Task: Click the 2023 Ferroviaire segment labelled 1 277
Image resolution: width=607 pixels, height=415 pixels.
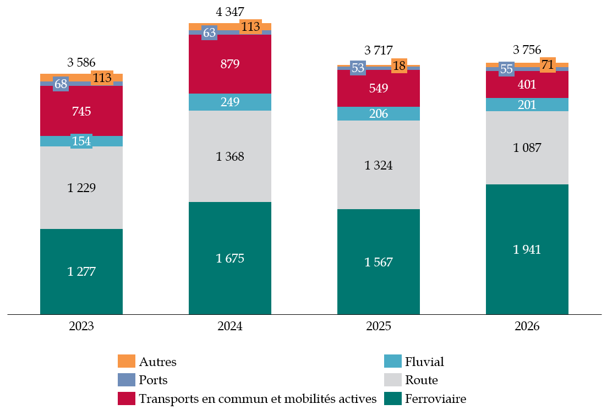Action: (x=81, y=271)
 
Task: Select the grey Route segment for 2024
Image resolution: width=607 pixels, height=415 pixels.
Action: (x=230, y=156)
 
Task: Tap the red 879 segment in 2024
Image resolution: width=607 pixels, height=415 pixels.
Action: (x=230, y=64)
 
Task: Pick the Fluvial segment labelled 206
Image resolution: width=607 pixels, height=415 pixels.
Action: (x=379, y=114)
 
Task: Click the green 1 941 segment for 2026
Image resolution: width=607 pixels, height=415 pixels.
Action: (x=527, y=249)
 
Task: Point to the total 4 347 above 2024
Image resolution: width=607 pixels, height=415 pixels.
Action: (x=230, y=11)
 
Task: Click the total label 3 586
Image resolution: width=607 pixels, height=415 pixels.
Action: (x=81, y=62)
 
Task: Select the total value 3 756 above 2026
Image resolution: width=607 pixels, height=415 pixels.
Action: (x=527, y=50)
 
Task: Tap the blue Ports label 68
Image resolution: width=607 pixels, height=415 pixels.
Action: (x=61, y=84)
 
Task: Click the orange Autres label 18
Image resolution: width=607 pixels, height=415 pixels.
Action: (x=400, y=66)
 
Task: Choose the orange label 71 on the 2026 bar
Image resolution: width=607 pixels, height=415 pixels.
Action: (x=548, y=65)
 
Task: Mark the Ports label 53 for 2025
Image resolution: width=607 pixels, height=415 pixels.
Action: (x=358, y=68)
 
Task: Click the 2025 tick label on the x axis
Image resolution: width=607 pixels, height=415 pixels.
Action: (x=379, y=326)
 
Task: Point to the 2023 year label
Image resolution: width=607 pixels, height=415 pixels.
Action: (x=81, y=326)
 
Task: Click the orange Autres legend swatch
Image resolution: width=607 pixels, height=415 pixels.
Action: (x=126, y=362)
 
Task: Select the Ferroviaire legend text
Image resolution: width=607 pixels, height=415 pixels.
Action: (x=435, y=398)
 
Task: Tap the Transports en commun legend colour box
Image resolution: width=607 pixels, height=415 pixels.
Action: (x=126, y=398)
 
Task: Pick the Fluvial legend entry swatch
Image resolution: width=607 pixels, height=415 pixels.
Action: (x=392, y=362)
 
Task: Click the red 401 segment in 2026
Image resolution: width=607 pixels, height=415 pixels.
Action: (x=527, y=85)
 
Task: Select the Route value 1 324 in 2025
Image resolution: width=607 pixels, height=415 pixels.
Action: (x=379, y=165)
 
